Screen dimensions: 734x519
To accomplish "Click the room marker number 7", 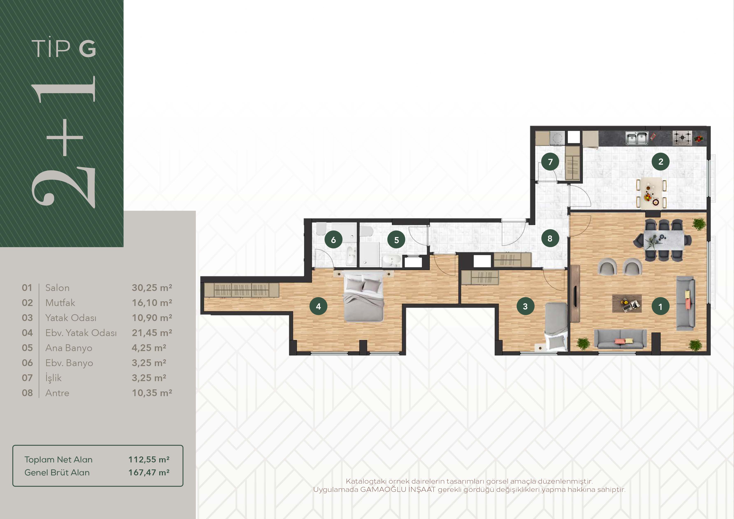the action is pyautogui.click(x=550, y=162).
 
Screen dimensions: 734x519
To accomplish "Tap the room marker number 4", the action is pyautogui.click(x=318, y=306).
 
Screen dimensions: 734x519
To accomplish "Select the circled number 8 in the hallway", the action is pyautogui.click(x=550, y=238).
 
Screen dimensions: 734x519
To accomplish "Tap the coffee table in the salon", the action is pyautogui.click(x=627, y=303).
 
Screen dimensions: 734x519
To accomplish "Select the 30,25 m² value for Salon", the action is pyautogui.click(x=152, y=288).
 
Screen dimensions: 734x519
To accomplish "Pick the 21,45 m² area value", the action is pyautogui.click(x=152, y=333).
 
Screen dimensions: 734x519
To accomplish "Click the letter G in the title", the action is pyautogui.click(x=87, y=49).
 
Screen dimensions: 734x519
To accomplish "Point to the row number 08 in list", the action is pyautogui.click(x=27, y=393).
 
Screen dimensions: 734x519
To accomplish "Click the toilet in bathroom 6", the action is pyautogui.click(x=321, y=228).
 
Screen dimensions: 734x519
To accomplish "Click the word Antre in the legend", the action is pyautogui.click(x=57, y=393).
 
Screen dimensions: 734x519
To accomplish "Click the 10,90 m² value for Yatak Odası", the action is pyautogui.click(x=152, y=318).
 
